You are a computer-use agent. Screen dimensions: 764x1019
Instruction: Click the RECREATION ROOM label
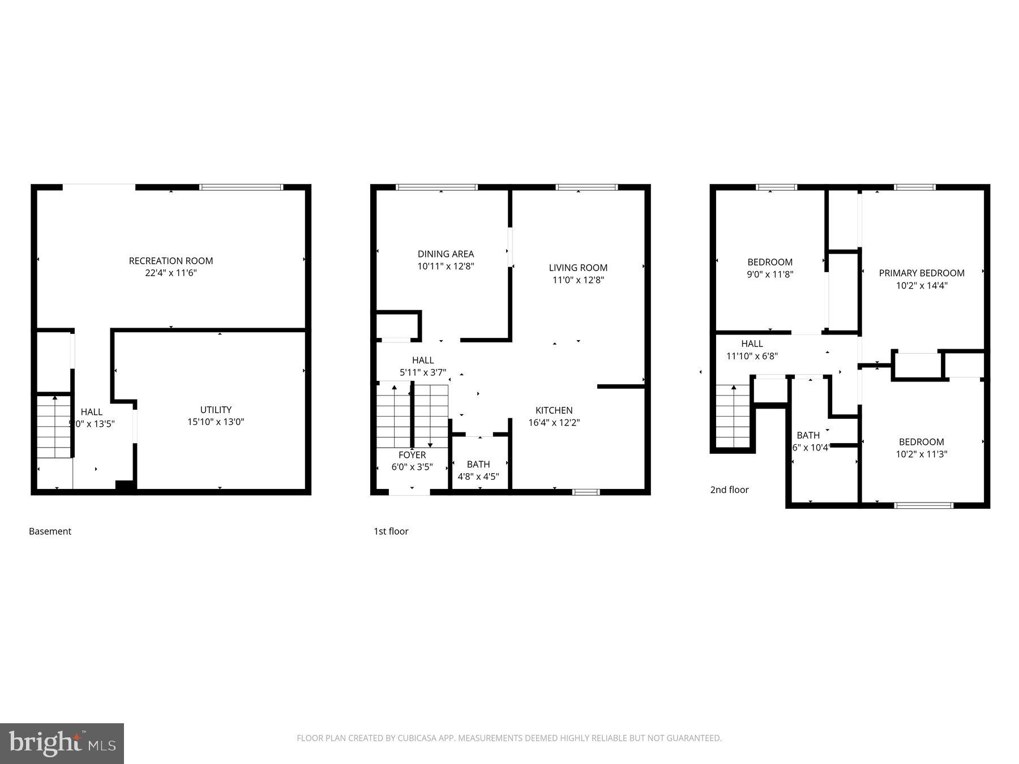click(171, 261)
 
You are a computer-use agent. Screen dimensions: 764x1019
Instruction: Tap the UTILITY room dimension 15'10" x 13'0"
click(216, 422)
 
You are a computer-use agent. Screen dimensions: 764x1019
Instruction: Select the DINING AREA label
click(446, 254)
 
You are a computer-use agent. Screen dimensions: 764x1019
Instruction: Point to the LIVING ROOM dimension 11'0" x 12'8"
click(578, 280)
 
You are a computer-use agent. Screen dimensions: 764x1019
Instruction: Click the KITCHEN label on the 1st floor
click(554, 410)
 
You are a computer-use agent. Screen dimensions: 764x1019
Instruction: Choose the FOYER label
click(412, 455)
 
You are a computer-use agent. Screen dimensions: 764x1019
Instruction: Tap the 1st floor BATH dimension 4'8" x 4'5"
click(478, 477)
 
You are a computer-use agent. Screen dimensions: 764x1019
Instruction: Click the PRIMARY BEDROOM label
click(922, 273)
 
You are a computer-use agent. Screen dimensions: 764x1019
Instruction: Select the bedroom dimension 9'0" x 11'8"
click(770, 274)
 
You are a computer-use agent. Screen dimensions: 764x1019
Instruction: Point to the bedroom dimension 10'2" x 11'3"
click(921, 454)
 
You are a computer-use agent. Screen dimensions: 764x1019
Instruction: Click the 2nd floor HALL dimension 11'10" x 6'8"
click(752, 356)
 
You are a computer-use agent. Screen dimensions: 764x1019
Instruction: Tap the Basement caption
click(50, 531)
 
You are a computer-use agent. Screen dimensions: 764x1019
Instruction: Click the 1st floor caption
click(391, 531)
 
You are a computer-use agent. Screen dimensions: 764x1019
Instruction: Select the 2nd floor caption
click(729, 490)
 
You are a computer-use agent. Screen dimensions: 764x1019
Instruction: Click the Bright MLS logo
click(62, 743)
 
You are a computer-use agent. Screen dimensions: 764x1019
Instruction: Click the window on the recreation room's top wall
click(241, 187)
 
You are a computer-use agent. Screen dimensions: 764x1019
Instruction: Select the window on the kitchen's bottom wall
click(586, 492)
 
